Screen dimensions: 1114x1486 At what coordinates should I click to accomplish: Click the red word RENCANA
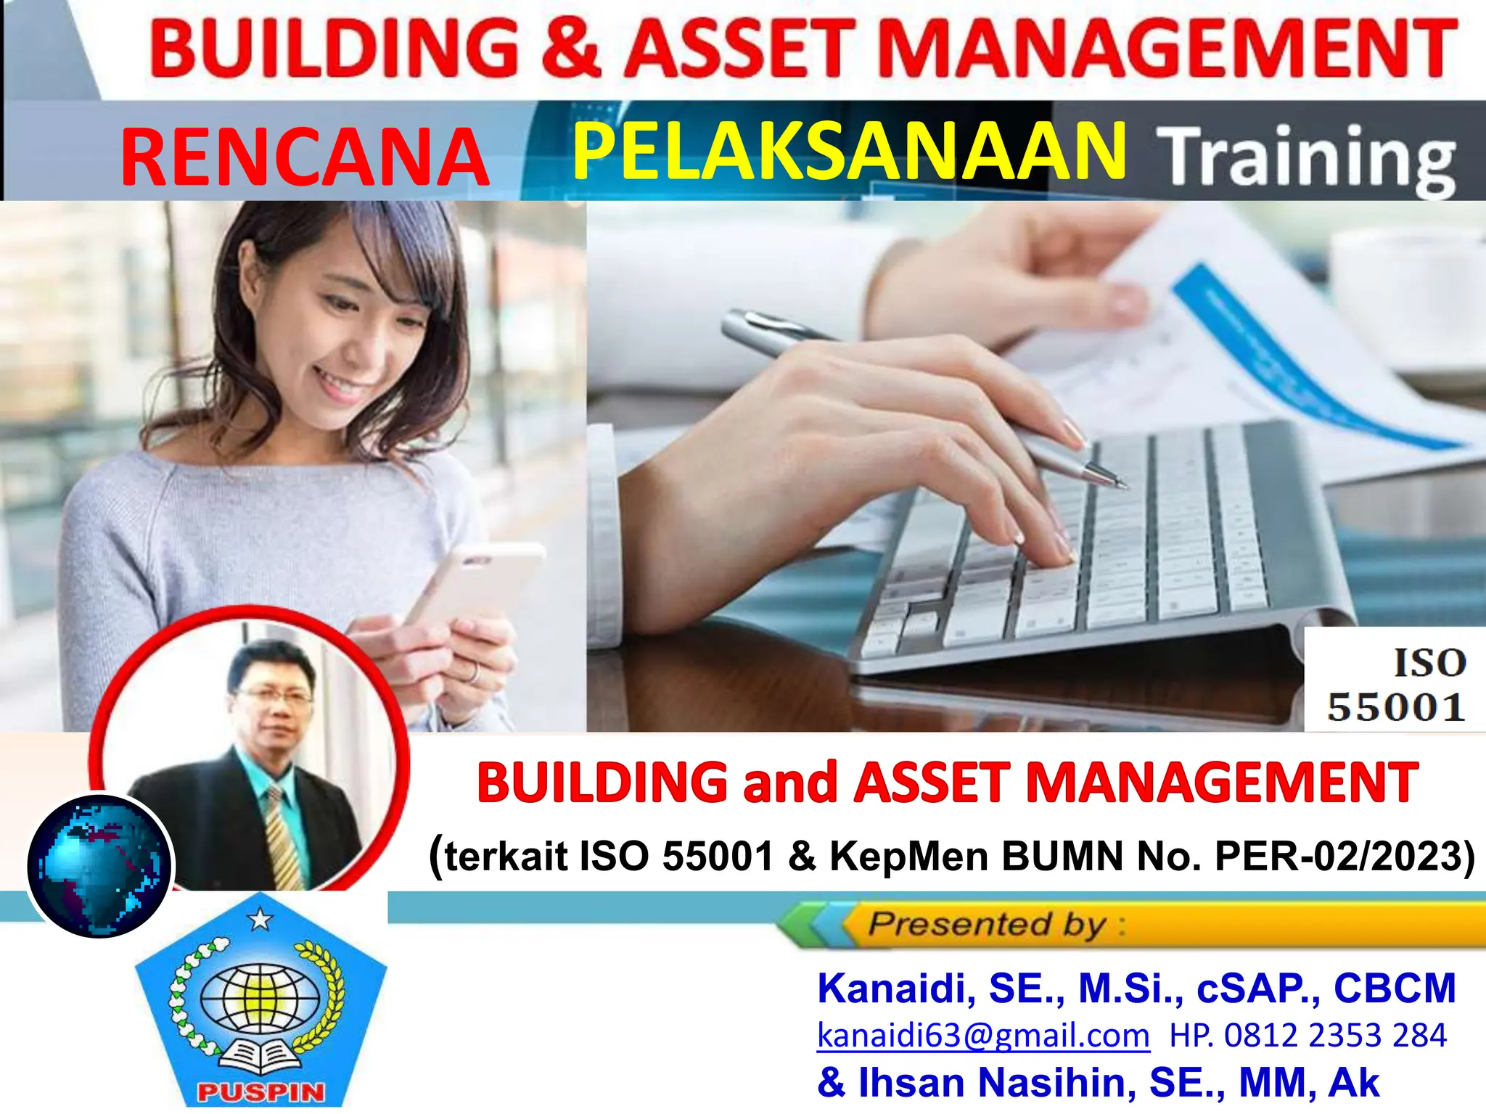[305, 157]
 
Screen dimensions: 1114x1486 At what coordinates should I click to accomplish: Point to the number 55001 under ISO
[1396, 707]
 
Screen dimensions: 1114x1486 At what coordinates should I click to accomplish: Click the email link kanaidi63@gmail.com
[983, 1035]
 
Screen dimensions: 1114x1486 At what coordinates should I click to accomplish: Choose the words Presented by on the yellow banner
[987, 925]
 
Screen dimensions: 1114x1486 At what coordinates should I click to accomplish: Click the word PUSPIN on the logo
[260, 1092]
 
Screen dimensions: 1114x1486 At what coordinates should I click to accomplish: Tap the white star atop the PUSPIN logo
[260, 920]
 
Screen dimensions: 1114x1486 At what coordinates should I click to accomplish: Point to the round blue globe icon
[99, 866]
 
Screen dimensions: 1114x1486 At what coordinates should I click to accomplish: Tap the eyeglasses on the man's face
[276, 698]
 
